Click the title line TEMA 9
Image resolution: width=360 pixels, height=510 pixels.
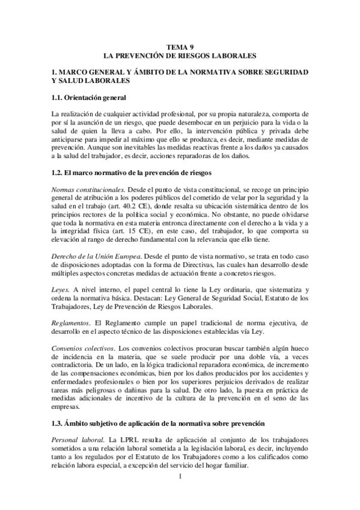tap(180, 46)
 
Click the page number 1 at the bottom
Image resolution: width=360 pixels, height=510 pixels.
tap(180, 478)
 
